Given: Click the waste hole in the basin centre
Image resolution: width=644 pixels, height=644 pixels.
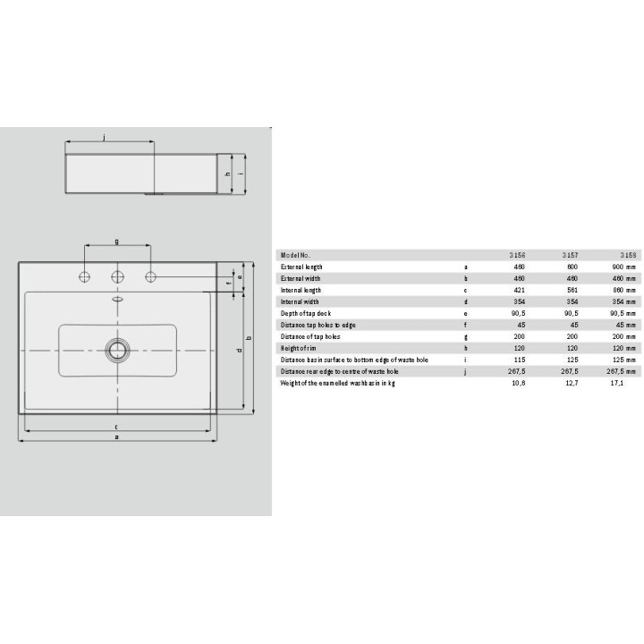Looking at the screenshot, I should [117, 350].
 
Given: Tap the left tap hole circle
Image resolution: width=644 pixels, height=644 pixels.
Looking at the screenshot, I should [85, 275].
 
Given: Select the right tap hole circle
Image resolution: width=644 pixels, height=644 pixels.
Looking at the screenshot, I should [150, 275].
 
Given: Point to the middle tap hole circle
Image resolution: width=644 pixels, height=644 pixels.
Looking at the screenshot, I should [117, 275].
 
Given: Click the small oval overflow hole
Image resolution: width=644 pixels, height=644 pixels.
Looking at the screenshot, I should [117, 300].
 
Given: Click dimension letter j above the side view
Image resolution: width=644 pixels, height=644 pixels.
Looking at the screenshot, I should [105, 137].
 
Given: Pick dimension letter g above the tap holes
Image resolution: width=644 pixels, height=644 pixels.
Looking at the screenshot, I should [117, 241].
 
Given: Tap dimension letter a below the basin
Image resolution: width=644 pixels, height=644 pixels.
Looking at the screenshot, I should [117, 437].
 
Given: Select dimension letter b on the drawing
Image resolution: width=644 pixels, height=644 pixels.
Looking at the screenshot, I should [248, 337].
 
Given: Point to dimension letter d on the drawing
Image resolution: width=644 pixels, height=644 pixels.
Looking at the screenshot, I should [238, 351].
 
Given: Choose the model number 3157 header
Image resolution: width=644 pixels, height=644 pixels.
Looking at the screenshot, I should [569, 255].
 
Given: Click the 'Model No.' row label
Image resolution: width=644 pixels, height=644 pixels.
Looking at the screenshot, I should [295, 255].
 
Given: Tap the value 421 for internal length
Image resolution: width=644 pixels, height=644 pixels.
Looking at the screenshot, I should [519, 290].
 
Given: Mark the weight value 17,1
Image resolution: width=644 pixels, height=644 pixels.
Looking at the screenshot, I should [616, 383].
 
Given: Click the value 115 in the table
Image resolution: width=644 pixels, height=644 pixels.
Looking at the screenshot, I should [519, 360].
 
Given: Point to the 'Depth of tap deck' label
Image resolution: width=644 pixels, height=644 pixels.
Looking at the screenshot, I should [307, 313].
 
